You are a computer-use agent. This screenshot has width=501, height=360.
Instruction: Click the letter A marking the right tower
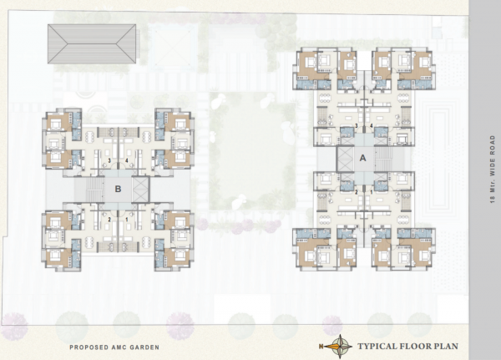363,157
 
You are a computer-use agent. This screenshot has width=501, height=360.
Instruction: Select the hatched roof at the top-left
92,44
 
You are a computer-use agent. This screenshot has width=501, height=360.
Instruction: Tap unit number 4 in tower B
126,160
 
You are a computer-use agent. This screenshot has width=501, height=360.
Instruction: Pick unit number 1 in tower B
126,220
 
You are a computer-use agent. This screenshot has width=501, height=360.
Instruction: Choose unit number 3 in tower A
357,125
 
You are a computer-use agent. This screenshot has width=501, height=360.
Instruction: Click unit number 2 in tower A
357,191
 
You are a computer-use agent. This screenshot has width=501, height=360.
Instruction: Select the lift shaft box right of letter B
139,188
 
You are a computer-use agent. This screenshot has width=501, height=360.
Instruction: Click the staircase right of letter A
384,157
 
